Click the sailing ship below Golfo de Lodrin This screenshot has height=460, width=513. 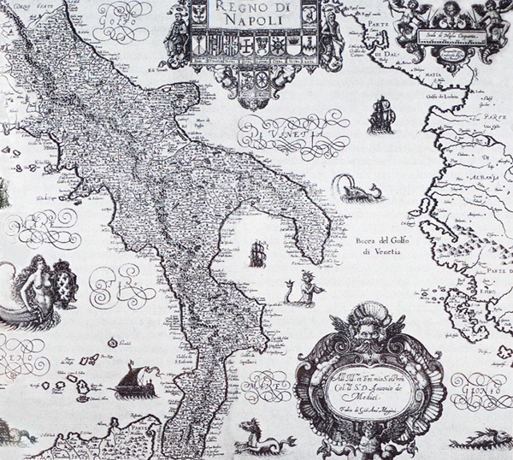(381, 115)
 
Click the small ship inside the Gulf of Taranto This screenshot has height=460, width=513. (257, 253)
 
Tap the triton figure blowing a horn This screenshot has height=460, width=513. (306, 291)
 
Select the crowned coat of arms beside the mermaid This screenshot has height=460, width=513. (64, 284)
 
